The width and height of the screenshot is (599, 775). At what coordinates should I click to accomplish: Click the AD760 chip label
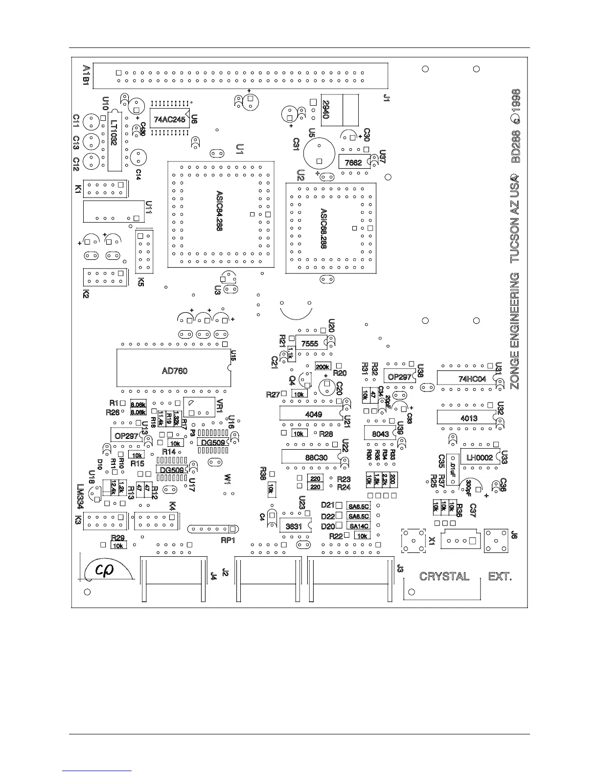[175, 371]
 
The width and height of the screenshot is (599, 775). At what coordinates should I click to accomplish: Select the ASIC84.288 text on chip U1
[219, 210]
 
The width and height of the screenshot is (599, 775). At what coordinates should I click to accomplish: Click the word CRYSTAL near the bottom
[444, 576]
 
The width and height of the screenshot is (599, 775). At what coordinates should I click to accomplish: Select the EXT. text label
[500, 576]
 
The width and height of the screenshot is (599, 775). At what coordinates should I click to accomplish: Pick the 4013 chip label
[469, 419]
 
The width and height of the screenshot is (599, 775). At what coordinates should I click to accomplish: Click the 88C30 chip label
[317, 457]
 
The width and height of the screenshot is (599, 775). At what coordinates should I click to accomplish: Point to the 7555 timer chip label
[309, 344]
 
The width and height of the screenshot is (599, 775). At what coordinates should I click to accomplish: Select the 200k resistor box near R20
[323, 366]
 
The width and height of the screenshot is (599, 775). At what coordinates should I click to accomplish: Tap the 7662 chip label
[353, 163]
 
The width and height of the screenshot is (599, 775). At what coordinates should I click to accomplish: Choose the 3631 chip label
[294, 526]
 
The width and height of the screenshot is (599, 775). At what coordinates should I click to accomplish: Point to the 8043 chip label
[380, 434]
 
